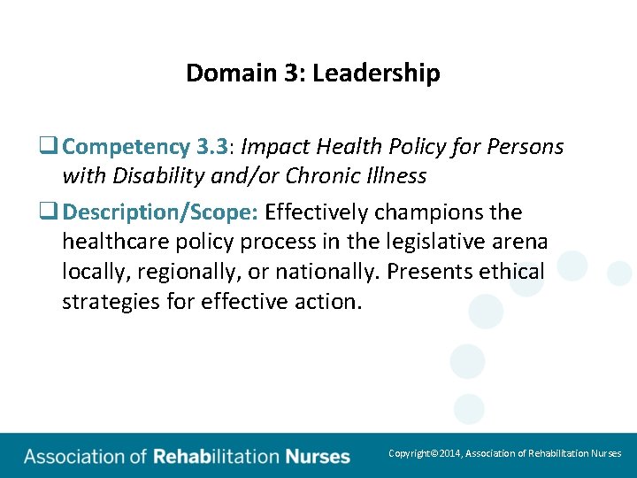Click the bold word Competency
point(127,146)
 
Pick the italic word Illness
point(393,176)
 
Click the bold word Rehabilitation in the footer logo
point(216,457)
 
